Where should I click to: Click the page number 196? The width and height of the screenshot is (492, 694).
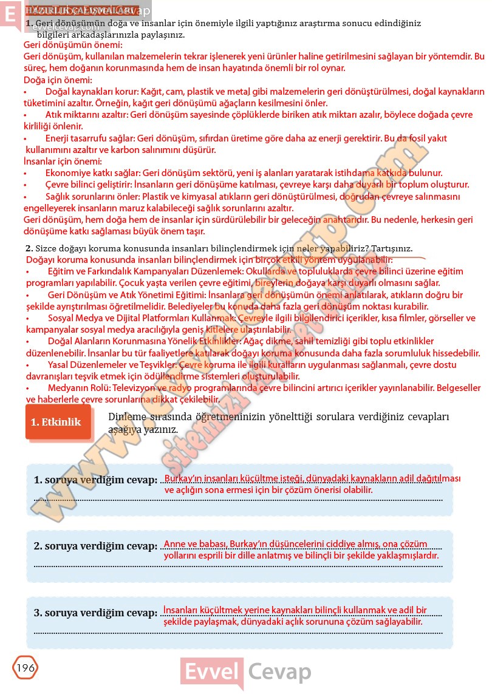click(25, 668)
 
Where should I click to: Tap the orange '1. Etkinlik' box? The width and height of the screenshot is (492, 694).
click(56, 422)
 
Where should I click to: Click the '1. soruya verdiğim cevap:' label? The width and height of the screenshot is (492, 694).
click(95, 480)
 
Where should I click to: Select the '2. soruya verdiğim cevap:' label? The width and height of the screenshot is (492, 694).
click(95, 546)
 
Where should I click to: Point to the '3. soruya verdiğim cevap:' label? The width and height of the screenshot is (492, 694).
click(95, 613)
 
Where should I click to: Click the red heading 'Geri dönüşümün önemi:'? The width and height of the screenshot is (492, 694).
click(72, 45)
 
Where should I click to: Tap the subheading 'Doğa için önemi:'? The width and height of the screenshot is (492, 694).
click(57, 80)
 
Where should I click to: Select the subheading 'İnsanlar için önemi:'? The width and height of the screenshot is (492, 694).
click(62, 161)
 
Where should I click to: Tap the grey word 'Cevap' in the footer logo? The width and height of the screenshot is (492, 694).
click(279, 673)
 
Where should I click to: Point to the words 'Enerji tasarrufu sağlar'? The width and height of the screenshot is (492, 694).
click(90, 138)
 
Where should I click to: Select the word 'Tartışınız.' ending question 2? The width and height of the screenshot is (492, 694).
click(390, 248)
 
